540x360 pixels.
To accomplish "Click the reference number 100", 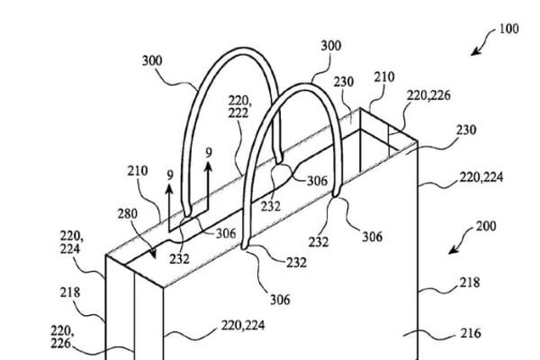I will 509,28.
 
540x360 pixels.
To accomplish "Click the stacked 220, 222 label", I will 241,106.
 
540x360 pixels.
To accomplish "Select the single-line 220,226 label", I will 430,96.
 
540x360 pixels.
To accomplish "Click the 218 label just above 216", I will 470,282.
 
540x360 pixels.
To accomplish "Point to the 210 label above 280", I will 138,171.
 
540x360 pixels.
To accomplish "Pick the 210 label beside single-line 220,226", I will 384,76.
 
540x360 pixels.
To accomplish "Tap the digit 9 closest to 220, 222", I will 209,153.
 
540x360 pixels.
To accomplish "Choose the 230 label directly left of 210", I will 344,83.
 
